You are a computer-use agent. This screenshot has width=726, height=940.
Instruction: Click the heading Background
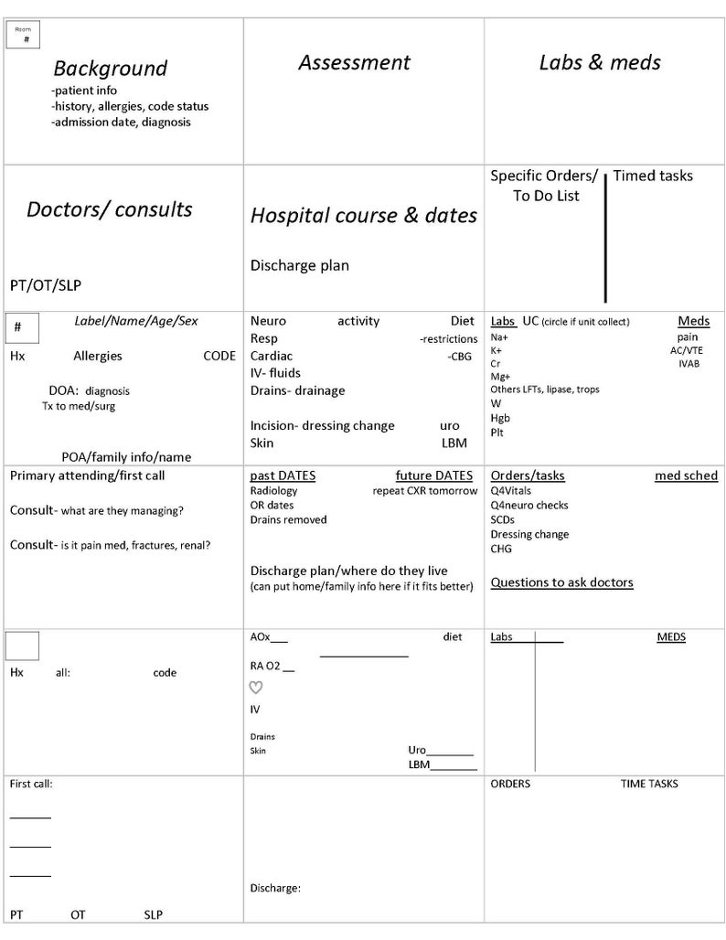click(110, 69)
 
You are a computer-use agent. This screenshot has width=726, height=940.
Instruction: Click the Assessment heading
click(354, 63)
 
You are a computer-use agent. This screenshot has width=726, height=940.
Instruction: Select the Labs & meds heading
click(599, 63)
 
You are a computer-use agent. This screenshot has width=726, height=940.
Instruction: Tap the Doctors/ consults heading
click(109, 209)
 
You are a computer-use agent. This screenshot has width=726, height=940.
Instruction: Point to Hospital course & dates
click(363, 216)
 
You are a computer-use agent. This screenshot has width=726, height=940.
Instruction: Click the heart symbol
click(256, 688)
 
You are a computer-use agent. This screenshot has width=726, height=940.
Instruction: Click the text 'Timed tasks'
click(653, 176)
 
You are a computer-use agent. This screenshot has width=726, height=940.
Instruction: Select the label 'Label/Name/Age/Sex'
click(135, 321)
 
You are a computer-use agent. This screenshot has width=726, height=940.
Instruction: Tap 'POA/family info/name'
click(126, 456)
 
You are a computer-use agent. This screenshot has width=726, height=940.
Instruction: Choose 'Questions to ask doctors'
click(561, 582)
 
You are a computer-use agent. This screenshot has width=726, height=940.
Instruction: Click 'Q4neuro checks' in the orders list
click(528, 505)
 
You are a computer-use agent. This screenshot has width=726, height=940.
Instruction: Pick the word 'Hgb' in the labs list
click(500, 418)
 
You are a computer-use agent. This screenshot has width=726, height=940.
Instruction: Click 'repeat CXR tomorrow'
click(424, 491)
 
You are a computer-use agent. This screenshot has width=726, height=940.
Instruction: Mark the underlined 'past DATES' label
click(283, 475)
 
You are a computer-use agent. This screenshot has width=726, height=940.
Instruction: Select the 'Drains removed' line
click(288, 520)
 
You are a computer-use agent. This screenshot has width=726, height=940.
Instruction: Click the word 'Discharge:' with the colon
click(275, 888)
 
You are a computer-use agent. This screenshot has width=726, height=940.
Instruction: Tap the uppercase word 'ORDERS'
click(510, 784)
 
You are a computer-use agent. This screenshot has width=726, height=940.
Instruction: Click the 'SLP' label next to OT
click(155, 914)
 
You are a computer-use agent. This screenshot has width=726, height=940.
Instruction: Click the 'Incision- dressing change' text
click(322, 425)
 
